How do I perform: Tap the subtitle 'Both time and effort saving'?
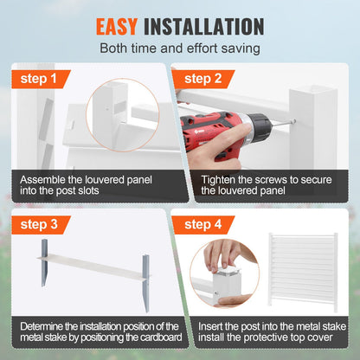coord(179,50)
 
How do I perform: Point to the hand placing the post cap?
coord(229,255)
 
